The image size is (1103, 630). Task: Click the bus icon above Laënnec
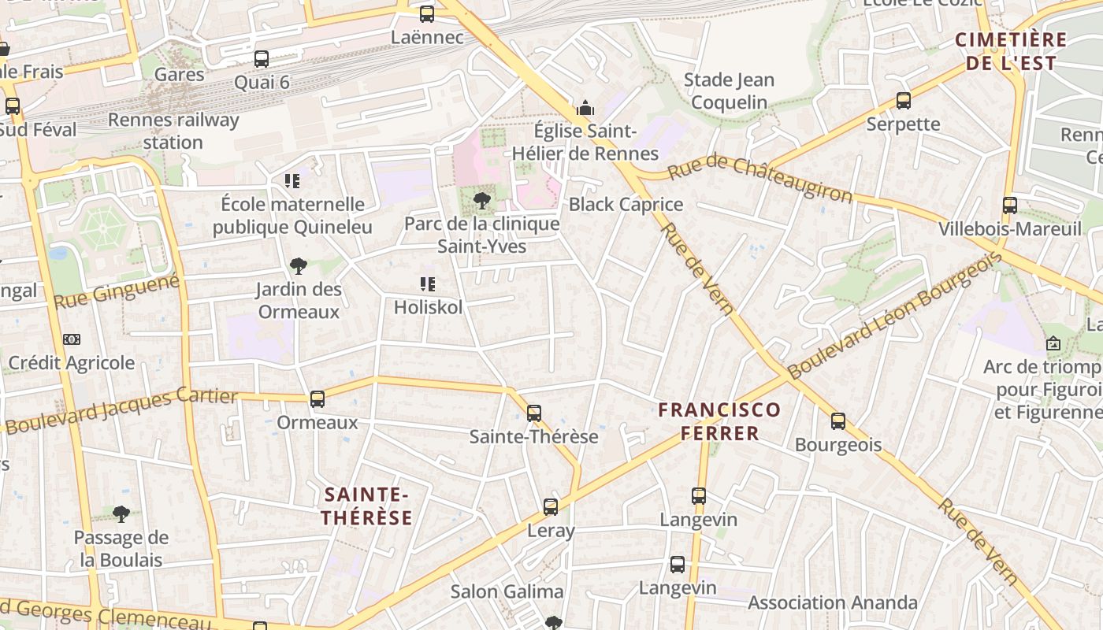(x=427, y=13)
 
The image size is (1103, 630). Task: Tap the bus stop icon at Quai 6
(x=262, y=59)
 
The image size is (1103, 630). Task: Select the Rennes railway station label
(x=173, y=132)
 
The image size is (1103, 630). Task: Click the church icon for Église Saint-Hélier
(x=585, y=107)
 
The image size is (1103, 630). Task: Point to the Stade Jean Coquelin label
(x=729, y=91)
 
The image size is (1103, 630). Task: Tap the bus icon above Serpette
(x=904, y=101)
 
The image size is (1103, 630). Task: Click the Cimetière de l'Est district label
(x=1011, y=51)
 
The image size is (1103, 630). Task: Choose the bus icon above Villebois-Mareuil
(x=1010, y=206)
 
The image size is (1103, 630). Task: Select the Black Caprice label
(x=626, y=205)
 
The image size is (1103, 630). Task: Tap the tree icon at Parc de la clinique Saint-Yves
(x=482, y=201)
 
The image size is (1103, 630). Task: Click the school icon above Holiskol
(x=428, y=284)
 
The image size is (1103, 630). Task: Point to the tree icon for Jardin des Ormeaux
(x=299, y=266)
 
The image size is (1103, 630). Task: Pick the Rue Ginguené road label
(x=117, y=291)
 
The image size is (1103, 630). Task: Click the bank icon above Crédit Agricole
(x=72, y=339)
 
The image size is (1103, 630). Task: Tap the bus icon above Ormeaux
(x=318, y=399)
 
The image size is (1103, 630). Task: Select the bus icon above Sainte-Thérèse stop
(x=534, y=413)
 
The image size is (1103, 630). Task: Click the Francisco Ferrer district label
(x=719, y=421)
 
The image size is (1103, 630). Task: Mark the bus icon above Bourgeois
(x=838, y=421)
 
